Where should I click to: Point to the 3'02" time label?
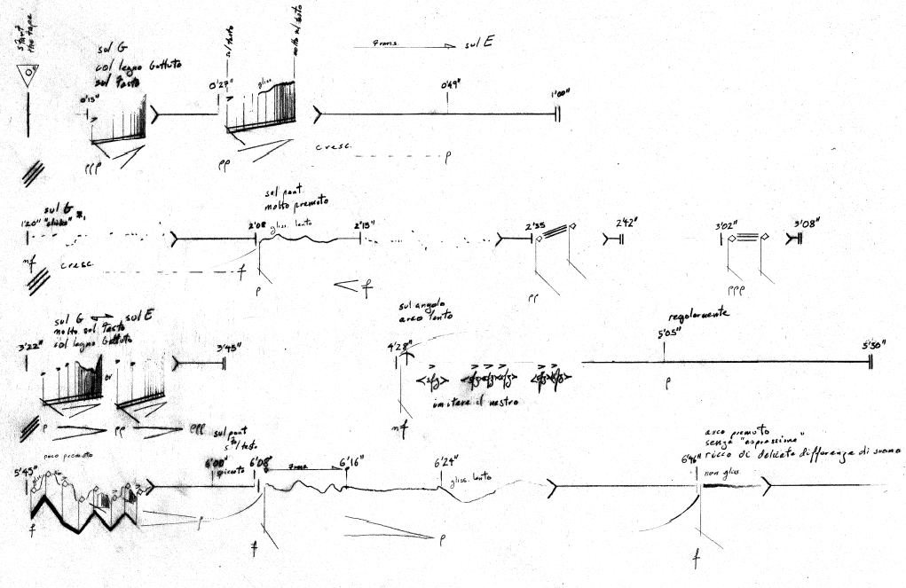click(x=728, y=225)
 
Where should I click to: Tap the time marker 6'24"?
click(x=445, y=463)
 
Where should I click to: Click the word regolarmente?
click(x=699, y=313)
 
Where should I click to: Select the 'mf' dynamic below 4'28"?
click(x=398, y=428)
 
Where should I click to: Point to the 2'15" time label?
click(x=364, y=225)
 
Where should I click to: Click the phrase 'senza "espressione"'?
click(x=752, y=439)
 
